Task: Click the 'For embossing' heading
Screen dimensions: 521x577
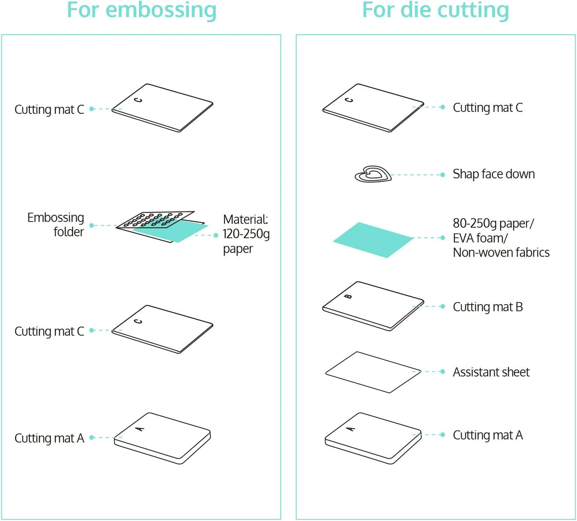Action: point(141,10)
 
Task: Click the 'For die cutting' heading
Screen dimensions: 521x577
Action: point(435,10)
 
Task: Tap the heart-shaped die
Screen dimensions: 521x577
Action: point(373,174)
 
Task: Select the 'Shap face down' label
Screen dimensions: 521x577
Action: point(494,174)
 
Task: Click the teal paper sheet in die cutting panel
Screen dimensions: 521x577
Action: point(373,240)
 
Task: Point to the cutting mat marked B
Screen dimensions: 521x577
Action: point(373,306)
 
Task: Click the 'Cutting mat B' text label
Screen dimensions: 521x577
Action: point(488,307)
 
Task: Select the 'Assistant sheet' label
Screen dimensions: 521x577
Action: point(491,372)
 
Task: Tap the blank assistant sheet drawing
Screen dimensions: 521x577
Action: point(373,372)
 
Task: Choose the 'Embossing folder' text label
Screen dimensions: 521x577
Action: point(56,224)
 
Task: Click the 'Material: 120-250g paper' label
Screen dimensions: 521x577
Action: point(246,234)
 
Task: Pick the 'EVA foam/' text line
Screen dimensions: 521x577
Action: point(480,238)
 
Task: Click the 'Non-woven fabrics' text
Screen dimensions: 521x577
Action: point(501,252)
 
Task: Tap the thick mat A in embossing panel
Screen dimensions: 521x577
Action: point(162,438)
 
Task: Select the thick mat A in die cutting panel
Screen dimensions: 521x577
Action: point(373,438)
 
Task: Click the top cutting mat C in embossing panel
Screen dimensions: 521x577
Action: point(162,107)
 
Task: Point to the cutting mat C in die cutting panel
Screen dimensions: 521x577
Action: point(373,107)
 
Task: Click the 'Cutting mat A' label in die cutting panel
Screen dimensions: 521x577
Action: point(488,435)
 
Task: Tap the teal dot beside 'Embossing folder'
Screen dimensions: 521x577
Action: point(91,226)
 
